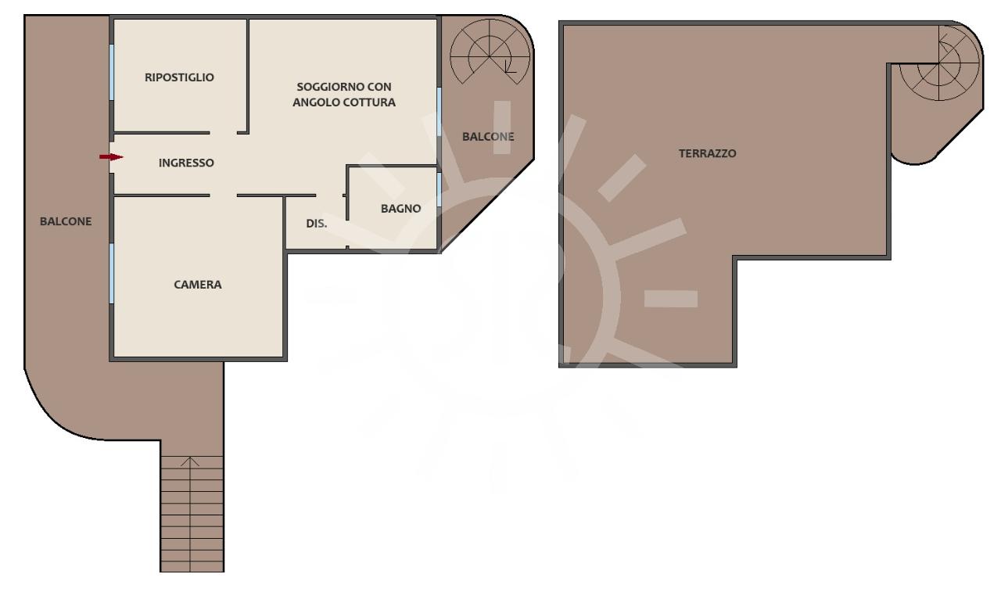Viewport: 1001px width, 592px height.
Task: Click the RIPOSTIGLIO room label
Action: pyautogui.click(x=179, y=77)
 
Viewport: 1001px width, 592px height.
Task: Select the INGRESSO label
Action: pyautogui.click(x=186, y=163)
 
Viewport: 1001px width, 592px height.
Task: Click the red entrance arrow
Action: pyautogui.click(x=111, y=157)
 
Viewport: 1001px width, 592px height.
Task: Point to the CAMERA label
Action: pyautogui.click(x=198, y=285)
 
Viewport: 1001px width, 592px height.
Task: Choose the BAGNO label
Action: pyautogui.click(x=401, y=209)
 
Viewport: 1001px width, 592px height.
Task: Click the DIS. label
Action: pyautogui.click(x=317, y=224)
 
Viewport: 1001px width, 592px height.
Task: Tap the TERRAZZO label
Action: pyautogui.click(x=708, y=154)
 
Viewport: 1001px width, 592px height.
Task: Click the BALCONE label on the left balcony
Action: pyautogui.click(x=66, y=221)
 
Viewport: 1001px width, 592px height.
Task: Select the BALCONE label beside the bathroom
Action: pyautogui.click(x=488, y=137)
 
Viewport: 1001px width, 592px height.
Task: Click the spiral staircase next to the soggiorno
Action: pyautogui.click(x=490, y=52)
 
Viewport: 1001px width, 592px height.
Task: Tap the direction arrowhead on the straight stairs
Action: pyautogui.click(x=190, y=462)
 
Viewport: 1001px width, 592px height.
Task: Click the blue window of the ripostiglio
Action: pyautogui.click(x=112, y=73)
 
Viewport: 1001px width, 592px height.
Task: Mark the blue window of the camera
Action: pyautogui.click(x=112, y=274)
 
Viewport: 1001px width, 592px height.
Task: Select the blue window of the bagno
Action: pyautogui.click(x=440, y=189)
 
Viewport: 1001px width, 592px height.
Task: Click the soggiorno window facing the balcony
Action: pyautogui.click(x=440, y=112)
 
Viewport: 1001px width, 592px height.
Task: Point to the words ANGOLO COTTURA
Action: pyautogui.click(x=344, y=102)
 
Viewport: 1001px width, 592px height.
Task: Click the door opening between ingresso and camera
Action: pyautogui.click(x=224, y=196)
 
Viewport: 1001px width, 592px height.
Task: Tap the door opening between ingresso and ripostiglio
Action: pyautogui.click(x=224, y=133)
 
